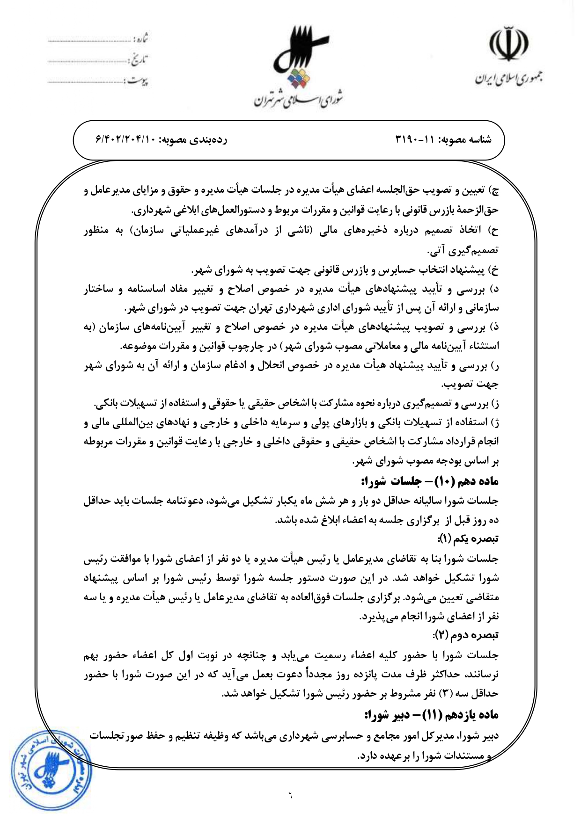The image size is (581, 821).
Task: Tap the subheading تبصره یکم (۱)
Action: [x=468, y=539]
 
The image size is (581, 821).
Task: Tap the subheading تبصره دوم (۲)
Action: [x=466, y=635]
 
